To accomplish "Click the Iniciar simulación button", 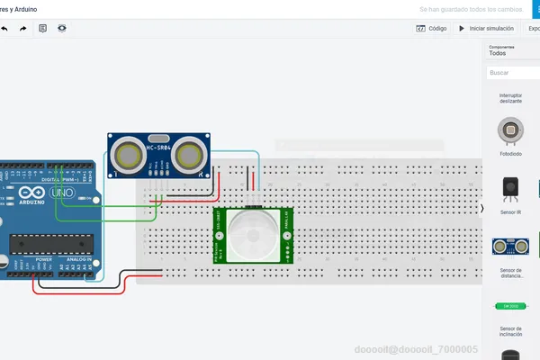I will click(487, 29).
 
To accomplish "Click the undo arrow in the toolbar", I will click(4, 29).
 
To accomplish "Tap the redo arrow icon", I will click(23, 29).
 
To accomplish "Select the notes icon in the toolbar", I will click(43, 29).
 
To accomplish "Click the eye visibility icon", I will click(62, 29).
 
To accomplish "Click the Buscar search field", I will click(509, 73).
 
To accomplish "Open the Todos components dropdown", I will click(498, 53).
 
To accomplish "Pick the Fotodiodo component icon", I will click(510, 131).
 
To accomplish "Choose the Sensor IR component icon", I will click(510, 187).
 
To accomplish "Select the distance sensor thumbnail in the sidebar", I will click(510, 246).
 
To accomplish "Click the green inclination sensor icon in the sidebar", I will click(510, 305).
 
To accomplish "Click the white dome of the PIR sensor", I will click(253, 234).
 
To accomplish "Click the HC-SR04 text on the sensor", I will click(159, 147).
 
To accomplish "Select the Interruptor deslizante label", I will click(510, 98).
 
